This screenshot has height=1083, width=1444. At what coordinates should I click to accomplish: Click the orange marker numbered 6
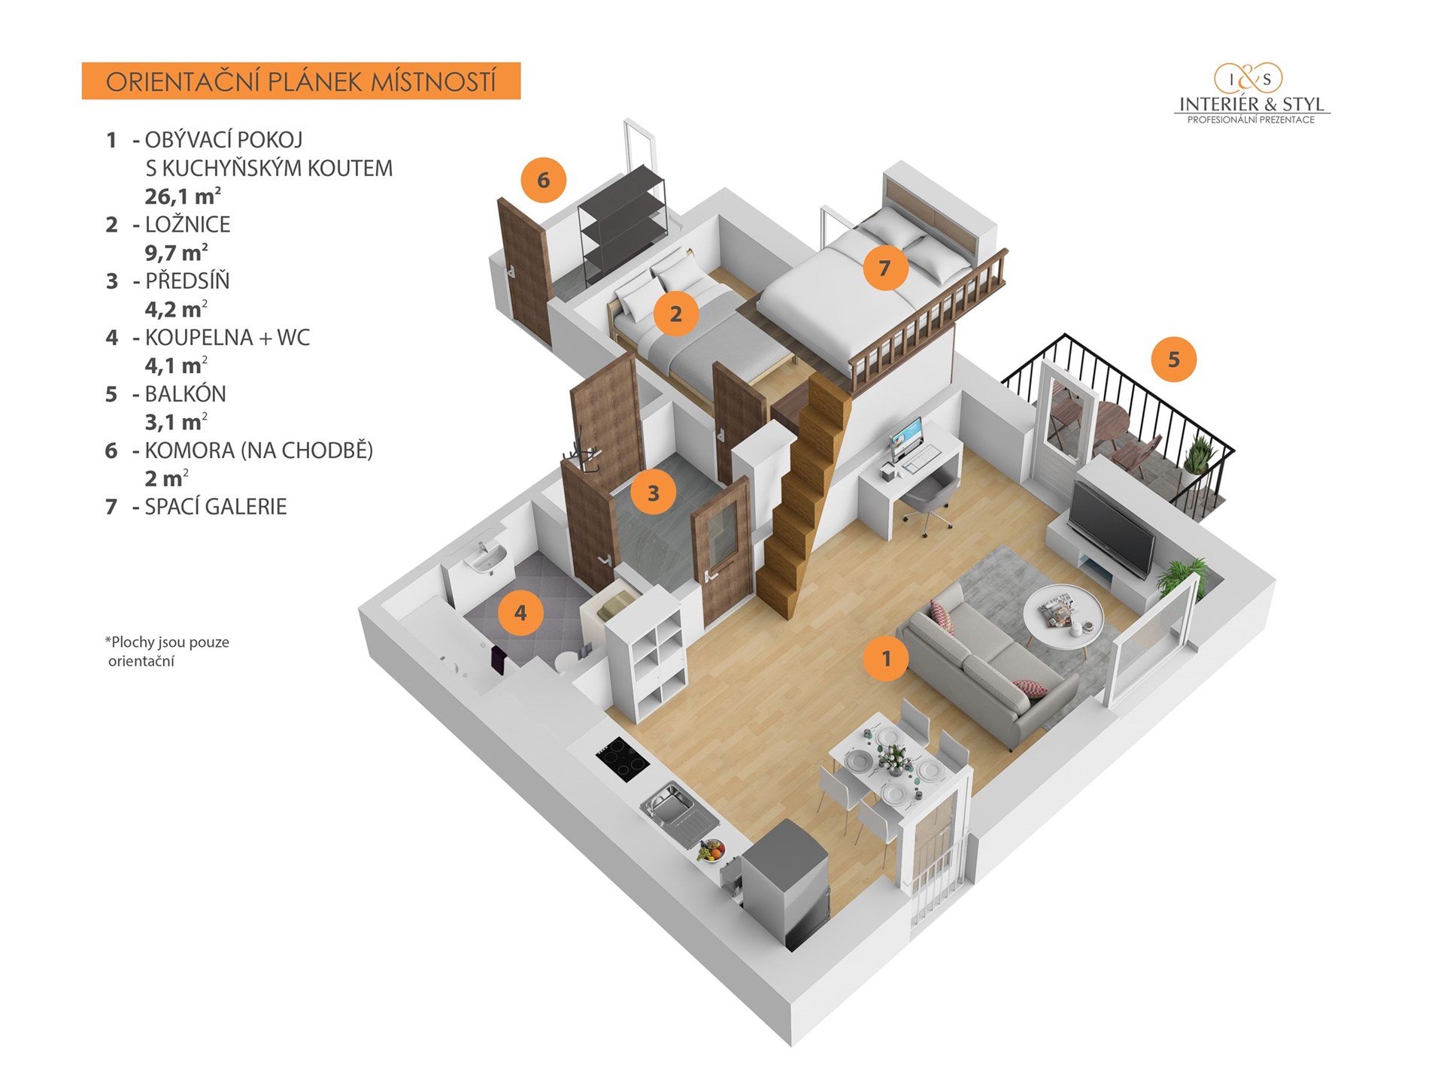click(x=543, y=180)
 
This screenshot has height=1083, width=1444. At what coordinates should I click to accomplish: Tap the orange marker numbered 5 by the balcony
click(x=1173, y=359)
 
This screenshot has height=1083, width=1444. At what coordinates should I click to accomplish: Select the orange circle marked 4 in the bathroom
click(x=520, y=613)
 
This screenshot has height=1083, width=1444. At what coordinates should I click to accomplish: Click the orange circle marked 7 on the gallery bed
click(x=884, y=267)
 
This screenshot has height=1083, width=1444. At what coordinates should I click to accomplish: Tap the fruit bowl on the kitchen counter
click(x=711, y=851)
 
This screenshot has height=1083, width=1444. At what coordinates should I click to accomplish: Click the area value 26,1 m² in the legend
click(x=183, y=196)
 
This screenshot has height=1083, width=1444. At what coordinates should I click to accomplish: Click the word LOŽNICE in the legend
click(x=187, y=224)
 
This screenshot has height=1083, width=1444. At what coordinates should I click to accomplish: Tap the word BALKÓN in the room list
click(x=185, y=393)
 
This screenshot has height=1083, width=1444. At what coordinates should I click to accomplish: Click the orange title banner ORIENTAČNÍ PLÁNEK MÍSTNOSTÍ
click(x=301, y=81)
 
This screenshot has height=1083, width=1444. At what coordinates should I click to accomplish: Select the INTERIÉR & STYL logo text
click(x=1251, y=105)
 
